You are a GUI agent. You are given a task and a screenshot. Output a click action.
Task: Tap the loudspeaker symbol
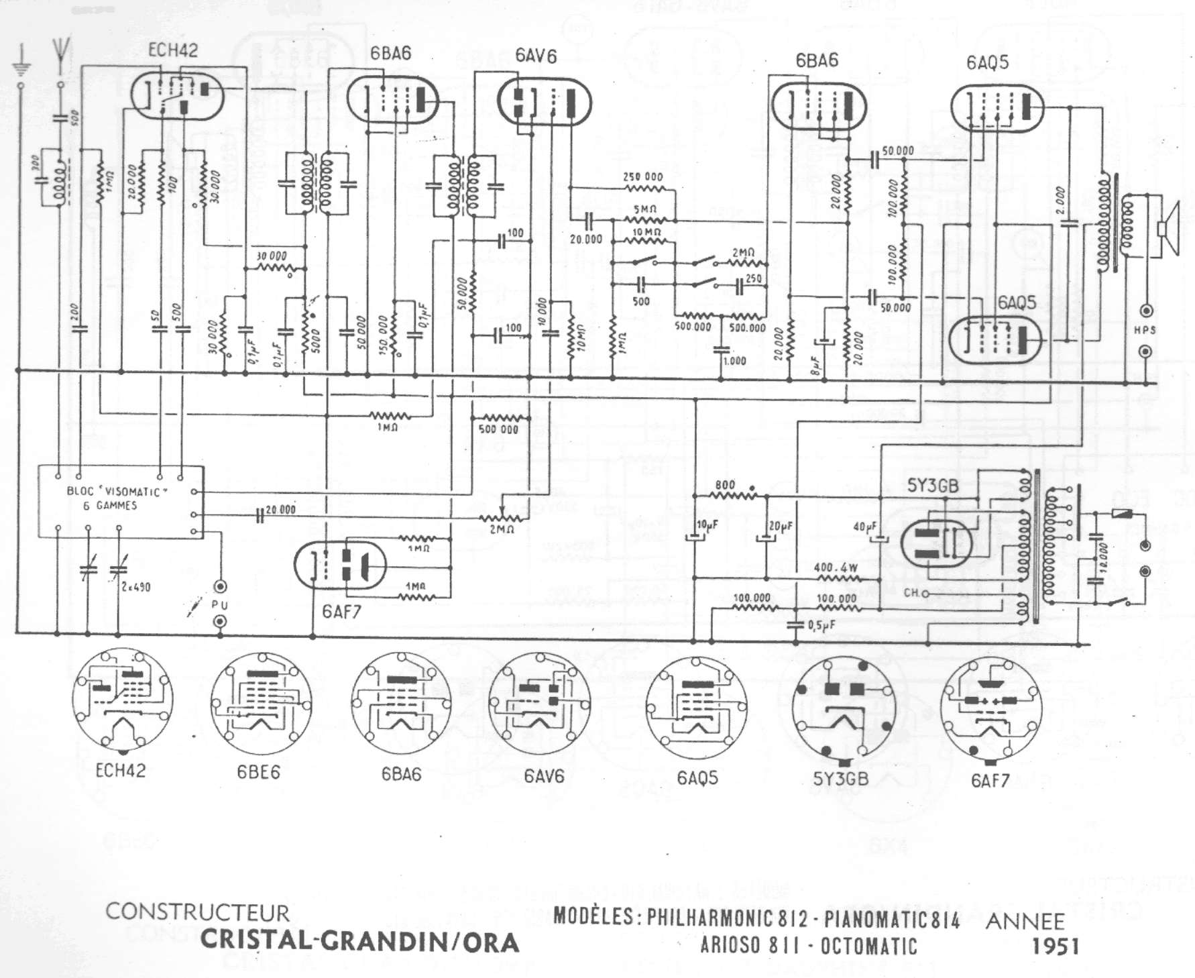coord(1170,228)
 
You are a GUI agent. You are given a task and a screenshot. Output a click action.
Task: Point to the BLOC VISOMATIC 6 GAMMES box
coord(120,500)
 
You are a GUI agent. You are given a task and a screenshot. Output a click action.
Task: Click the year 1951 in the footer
coord(1055,946)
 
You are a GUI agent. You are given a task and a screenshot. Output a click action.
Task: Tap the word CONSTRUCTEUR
coord(198,912)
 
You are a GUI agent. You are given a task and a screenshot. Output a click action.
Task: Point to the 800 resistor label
coord(724,485)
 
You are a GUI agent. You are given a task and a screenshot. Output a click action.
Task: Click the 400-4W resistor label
coord(836,567)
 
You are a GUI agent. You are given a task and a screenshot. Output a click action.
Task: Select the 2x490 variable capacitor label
coord(136,587)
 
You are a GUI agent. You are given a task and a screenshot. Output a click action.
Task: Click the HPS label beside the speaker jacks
coord(1144,330)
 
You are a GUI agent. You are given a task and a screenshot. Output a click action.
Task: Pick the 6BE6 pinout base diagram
coord(262,700)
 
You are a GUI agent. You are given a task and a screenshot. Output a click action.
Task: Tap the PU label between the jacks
coord(220,605)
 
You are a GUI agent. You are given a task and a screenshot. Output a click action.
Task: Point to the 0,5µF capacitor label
coord(820,625)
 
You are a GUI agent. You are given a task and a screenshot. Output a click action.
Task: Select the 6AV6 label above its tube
coord(536,56)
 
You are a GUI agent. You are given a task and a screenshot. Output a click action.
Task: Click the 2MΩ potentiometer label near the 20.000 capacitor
coord(501,530)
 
